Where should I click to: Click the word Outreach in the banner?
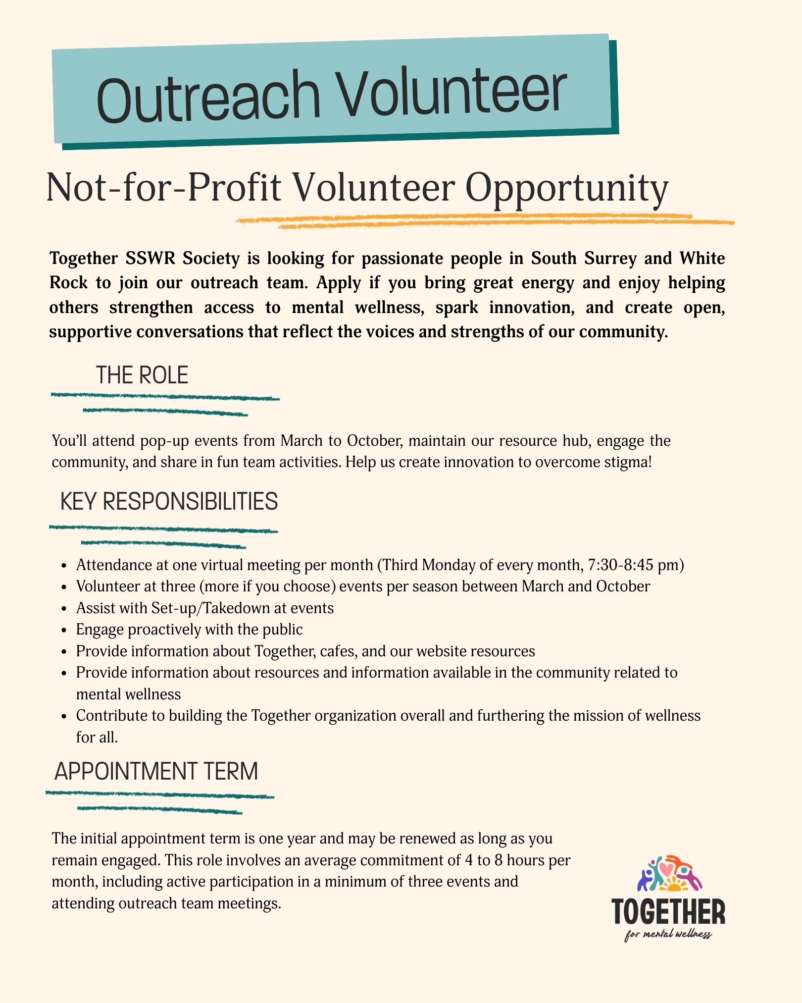208,97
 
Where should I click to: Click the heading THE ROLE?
142,375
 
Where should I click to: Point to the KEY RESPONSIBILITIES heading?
169,501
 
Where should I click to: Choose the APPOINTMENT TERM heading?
156,771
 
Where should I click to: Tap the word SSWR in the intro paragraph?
149,258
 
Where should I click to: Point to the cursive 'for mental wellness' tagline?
668,935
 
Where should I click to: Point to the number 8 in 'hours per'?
499,860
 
